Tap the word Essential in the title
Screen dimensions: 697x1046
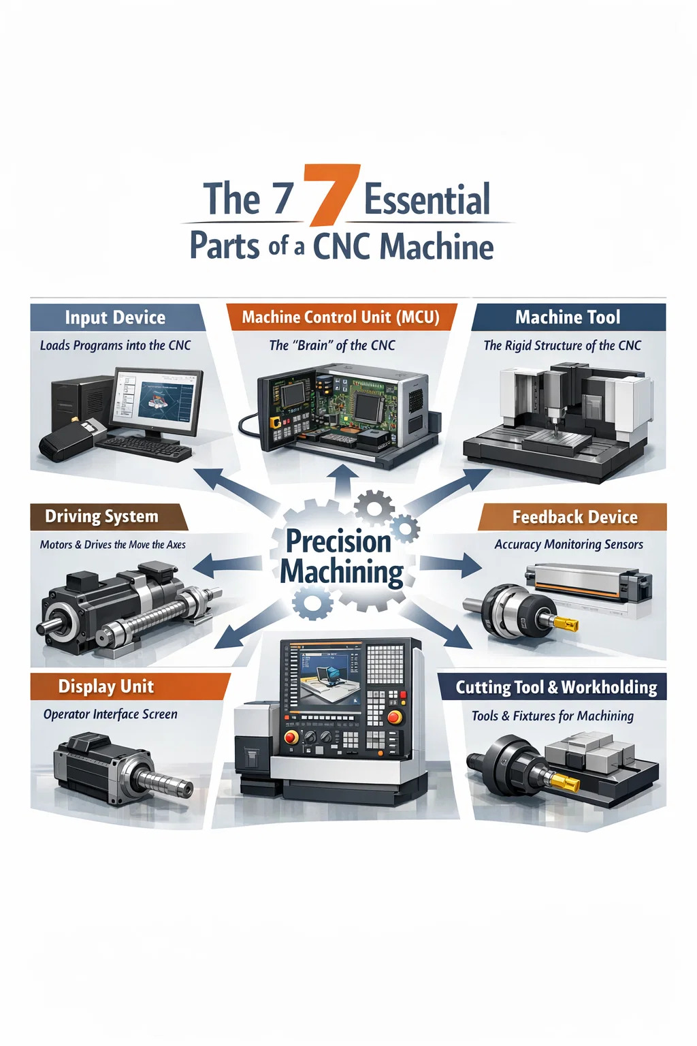pos(427,199)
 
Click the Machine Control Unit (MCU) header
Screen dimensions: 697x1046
pos(341,317)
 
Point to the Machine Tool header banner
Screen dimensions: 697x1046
pos(568,317)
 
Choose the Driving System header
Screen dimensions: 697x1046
pos(108,516)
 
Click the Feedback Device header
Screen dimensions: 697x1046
pos(573,516)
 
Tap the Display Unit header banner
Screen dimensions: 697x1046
pos(130,686)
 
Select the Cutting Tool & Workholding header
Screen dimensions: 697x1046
pos(553,687)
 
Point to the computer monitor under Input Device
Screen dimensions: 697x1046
pos(159,402)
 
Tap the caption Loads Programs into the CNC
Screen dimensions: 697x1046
pos(115,345)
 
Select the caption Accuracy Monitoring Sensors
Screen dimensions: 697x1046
pos(568,545)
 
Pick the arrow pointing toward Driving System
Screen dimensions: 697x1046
pos(227,561)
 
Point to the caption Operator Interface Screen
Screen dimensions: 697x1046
pos(110,714)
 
